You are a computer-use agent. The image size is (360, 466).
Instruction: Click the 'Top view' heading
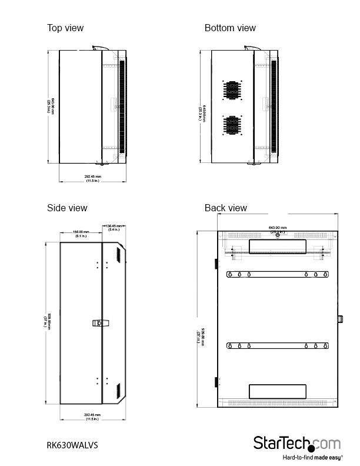pyautogui.click(x=65, y=28)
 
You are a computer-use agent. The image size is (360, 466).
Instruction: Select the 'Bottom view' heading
pyautogui.click(x=230, y=28)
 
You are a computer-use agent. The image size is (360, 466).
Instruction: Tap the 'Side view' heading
pyautogui.click(x=67, y=208)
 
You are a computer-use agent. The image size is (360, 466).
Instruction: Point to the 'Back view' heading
pyautogui.click(x=226, y=208)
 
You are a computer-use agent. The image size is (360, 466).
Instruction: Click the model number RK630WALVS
pyautogui.click(x=72, y=445)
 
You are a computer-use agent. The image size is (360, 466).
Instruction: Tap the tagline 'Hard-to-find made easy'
pyautogui.click(x=312, y=457)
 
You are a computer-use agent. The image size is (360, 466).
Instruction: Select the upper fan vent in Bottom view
pyautogui.click(x=232, y=90)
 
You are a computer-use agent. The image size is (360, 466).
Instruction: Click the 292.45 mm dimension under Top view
pyautogui.click(x=92, y=178)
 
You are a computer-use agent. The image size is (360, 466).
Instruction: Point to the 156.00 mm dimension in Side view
pyautogui.click(x=81, y=234)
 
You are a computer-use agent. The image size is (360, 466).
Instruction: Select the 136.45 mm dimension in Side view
pyautogui.click(x=114, y=227)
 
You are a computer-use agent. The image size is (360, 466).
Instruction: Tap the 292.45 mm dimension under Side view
pyautogui.click(x=92, y=417)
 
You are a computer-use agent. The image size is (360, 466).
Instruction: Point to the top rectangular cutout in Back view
pyautogui.click(x=278, y=246)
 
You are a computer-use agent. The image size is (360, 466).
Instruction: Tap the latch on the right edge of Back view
pyautogui.click(x=340, y=318)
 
